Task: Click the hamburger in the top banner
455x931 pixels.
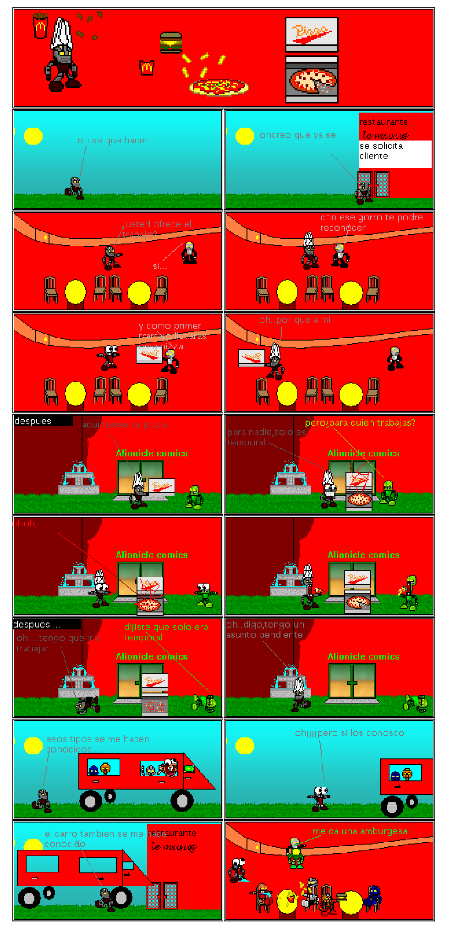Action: click(171, 42)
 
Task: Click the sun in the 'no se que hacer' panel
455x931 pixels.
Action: click(33, 136)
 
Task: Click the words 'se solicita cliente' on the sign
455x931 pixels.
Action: click(381, 151)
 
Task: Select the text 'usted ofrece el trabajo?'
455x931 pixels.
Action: click(157, 229)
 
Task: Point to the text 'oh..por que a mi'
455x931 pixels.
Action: click(295, 319)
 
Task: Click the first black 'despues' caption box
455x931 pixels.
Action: click(43, 421)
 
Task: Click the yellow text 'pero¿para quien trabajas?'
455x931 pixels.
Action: click(360, 422)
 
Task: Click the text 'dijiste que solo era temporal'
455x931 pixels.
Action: click(166, 632)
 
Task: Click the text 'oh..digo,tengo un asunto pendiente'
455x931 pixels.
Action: click(265, 629)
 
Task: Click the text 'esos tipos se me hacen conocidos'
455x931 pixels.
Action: click(97, 744)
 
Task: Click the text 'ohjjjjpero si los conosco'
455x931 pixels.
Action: click(350, 733)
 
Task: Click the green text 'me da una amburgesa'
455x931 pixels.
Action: click(360, 831)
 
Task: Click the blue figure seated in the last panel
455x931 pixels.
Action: click(374, 896)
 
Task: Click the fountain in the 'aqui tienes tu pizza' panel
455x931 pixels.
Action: click(79, 479)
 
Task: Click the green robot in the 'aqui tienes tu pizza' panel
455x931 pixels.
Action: click(195, 498)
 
